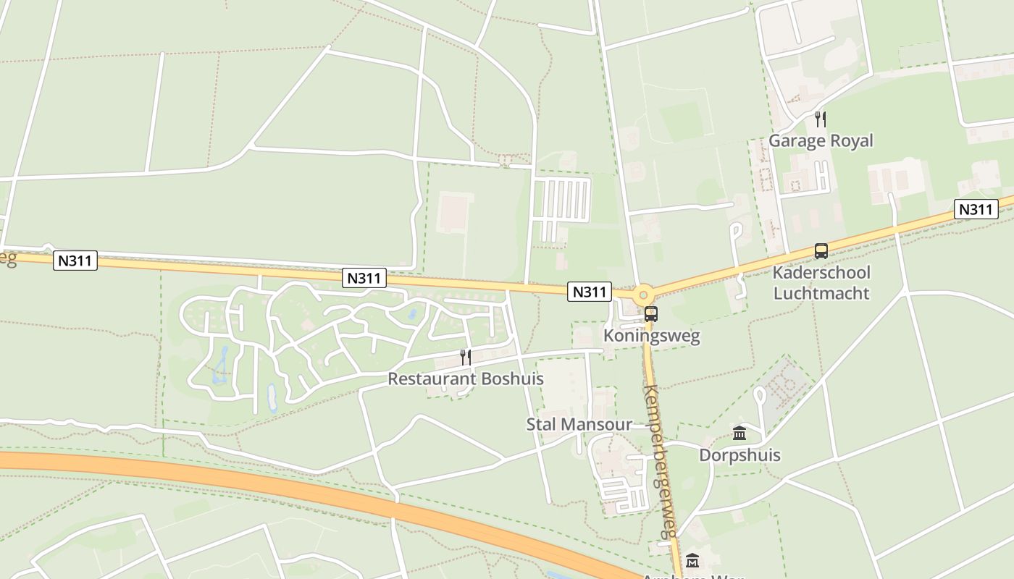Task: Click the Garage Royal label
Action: (821, 140)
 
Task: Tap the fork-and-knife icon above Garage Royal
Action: (821, 119)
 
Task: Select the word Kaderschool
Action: (821, 273)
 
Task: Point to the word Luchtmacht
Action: (821, 293)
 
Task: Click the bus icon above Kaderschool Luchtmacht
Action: (821, 251)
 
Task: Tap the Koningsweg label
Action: (652, 337)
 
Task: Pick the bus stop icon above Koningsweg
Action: (651, 314)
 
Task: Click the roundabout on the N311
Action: (643, 295)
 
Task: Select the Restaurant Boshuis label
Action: (465, 379)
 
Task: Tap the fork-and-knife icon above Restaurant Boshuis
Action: (466, 357)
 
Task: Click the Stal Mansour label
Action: (579, 424)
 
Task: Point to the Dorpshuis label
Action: (739, 455)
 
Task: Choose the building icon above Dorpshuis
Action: (739, 433)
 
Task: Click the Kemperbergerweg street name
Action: (660, 462)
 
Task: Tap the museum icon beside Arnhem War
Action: (692, 561)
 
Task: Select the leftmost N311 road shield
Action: (75, 261)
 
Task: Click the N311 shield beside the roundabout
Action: (589, 292)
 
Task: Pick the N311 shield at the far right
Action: (976, 209)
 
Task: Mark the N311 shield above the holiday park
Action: (365, 277)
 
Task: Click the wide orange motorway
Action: (290, 483)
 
